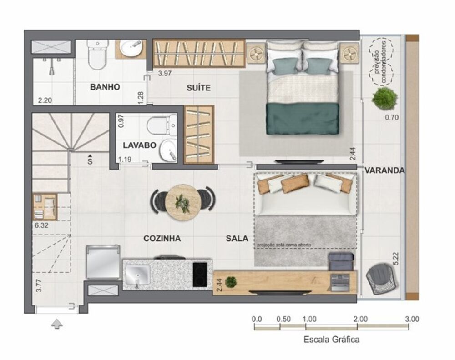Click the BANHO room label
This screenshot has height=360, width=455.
(105, 87)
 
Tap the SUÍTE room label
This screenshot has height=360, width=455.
(198, 88)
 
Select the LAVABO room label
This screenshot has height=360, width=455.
(140, 145)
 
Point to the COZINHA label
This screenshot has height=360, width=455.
(162, 238)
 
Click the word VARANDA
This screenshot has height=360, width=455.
(384, 170)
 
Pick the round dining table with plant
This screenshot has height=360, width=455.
(184, 202)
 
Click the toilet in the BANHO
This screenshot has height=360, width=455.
(97, 55)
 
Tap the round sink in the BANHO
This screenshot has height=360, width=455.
(131, 48)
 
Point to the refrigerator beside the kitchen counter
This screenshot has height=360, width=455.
(103, 262)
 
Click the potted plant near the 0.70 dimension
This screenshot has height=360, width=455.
(383, 98)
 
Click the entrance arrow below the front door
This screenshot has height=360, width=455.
(57, 324)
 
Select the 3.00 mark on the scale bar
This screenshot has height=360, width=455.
(411, 319)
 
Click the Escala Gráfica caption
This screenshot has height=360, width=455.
(331, 339)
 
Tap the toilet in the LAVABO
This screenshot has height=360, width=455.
(160, 124)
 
